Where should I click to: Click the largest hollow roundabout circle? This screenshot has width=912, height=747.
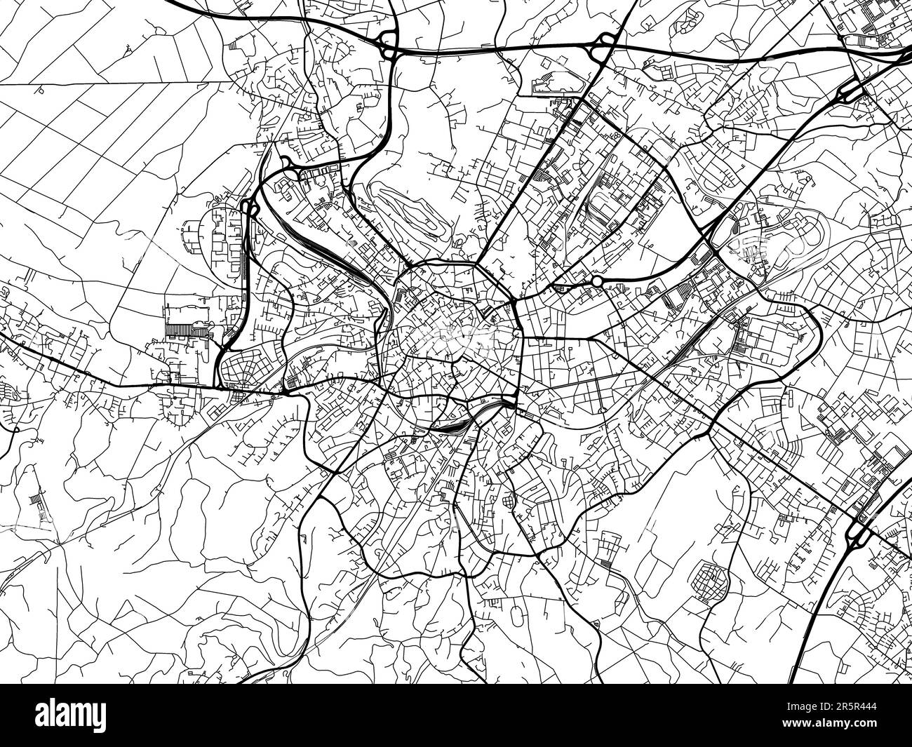tap(597, 281)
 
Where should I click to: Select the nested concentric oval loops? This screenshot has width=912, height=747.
tap(414, 210)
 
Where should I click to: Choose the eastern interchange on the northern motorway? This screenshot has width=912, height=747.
tap(601, 47)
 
